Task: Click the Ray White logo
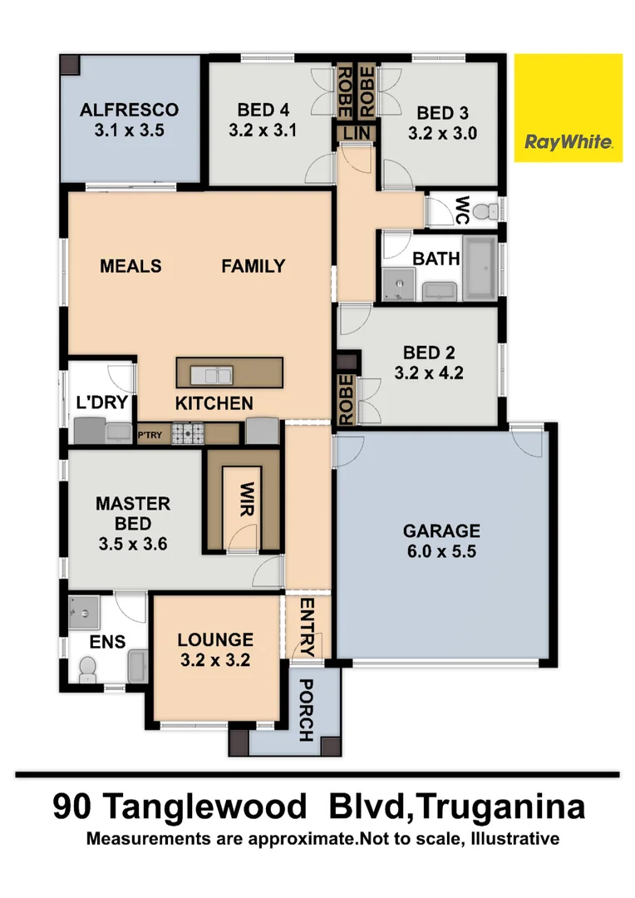[569, 108]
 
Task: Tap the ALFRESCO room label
[129, 110]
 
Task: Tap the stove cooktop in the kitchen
[188, 432]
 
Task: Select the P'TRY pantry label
[150, 432]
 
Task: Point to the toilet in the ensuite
[86, 669]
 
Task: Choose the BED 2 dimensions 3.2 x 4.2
[428, 373]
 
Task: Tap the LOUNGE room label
[214, 639]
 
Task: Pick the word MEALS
[130, 266]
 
